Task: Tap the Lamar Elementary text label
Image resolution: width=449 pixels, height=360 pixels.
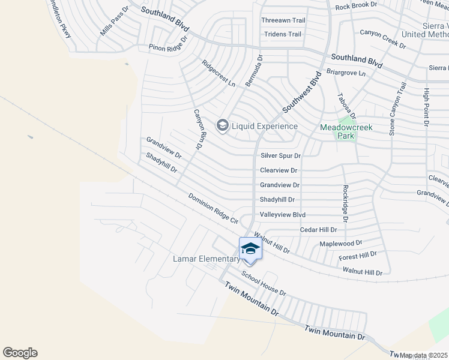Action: click(x=206, y=259)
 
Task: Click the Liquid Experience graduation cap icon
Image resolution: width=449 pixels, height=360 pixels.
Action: click(x=222, y=125)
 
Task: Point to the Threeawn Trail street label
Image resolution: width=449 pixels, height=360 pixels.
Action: click(x=283, y=20)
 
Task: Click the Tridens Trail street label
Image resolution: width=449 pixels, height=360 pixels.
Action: click(x=282, y=34)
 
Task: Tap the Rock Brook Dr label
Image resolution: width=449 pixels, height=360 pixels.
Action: click(x=356, y=6)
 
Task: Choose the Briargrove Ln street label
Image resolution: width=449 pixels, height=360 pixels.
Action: click(x=346, y=73)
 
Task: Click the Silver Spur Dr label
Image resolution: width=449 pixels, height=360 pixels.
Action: click(x=280, y=155)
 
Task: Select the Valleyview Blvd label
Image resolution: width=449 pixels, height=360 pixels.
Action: click(x=283, y=215)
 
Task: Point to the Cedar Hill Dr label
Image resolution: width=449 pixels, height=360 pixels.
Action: click(x=319, y=230)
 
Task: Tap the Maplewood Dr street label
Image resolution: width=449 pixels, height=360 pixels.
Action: click(x=341, y=243)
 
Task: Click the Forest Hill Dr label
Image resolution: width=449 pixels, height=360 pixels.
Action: click(x=357, y=255)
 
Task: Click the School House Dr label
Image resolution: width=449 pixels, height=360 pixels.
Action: click(x=264, y=282)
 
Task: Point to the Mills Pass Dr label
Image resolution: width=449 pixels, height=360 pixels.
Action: click(x=115, y=22)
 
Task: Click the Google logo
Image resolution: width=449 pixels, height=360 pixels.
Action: click(x=20, y=353)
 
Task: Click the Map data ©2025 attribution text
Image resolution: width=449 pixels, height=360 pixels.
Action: click(x=423, y=355)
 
